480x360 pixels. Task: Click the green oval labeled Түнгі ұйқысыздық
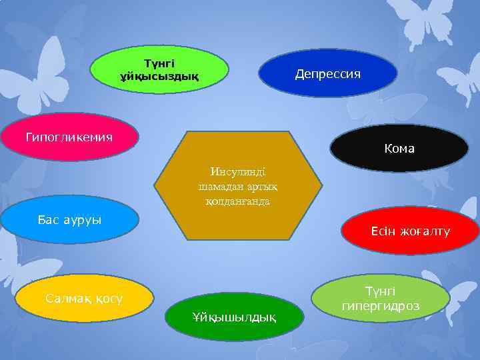pos(159,70)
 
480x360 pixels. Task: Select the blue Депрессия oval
pos(327,73)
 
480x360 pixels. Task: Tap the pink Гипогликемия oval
pos(69,137)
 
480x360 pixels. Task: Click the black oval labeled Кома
pos(399,148)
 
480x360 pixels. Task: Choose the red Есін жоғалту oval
pos(410,231)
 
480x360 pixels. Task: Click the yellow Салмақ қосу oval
pos(84,297)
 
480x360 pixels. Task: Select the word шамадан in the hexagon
pos(221,187)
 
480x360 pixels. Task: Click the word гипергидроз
pos(380,307)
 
